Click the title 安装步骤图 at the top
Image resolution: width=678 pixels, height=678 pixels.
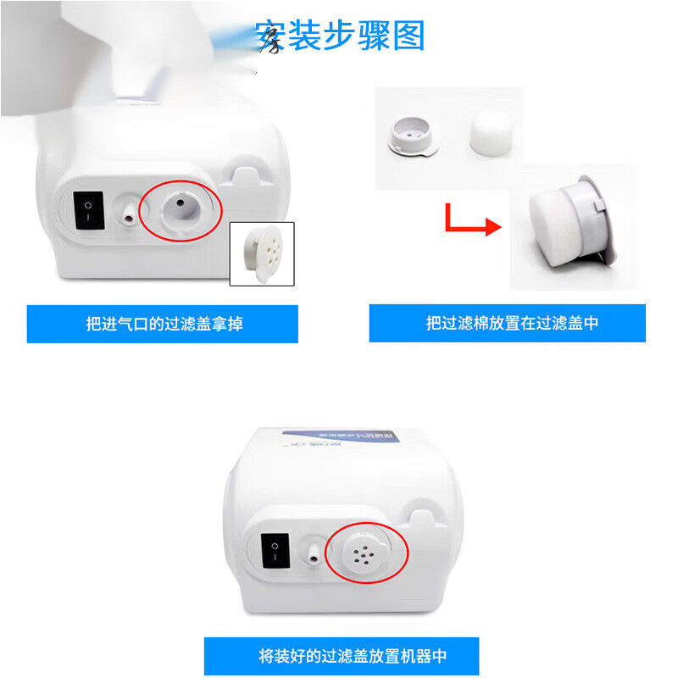[x=340, y=36]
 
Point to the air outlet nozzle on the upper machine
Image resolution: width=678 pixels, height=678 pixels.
[x=126, y=213]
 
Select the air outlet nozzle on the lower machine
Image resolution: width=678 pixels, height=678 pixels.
[x=314, y=554]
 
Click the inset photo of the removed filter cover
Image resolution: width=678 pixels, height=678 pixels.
[x=262, y=253]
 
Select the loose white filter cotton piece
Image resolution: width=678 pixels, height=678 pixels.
[x=492, y=130]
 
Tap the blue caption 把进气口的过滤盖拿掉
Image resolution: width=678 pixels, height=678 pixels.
[x=163, y=324]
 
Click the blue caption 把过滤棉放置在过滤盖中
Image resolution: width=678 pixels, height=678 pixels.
[x=507, y=323]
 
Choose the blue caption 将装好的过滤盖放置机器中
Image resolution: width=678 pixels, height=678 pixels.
[x=341, y=656]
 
